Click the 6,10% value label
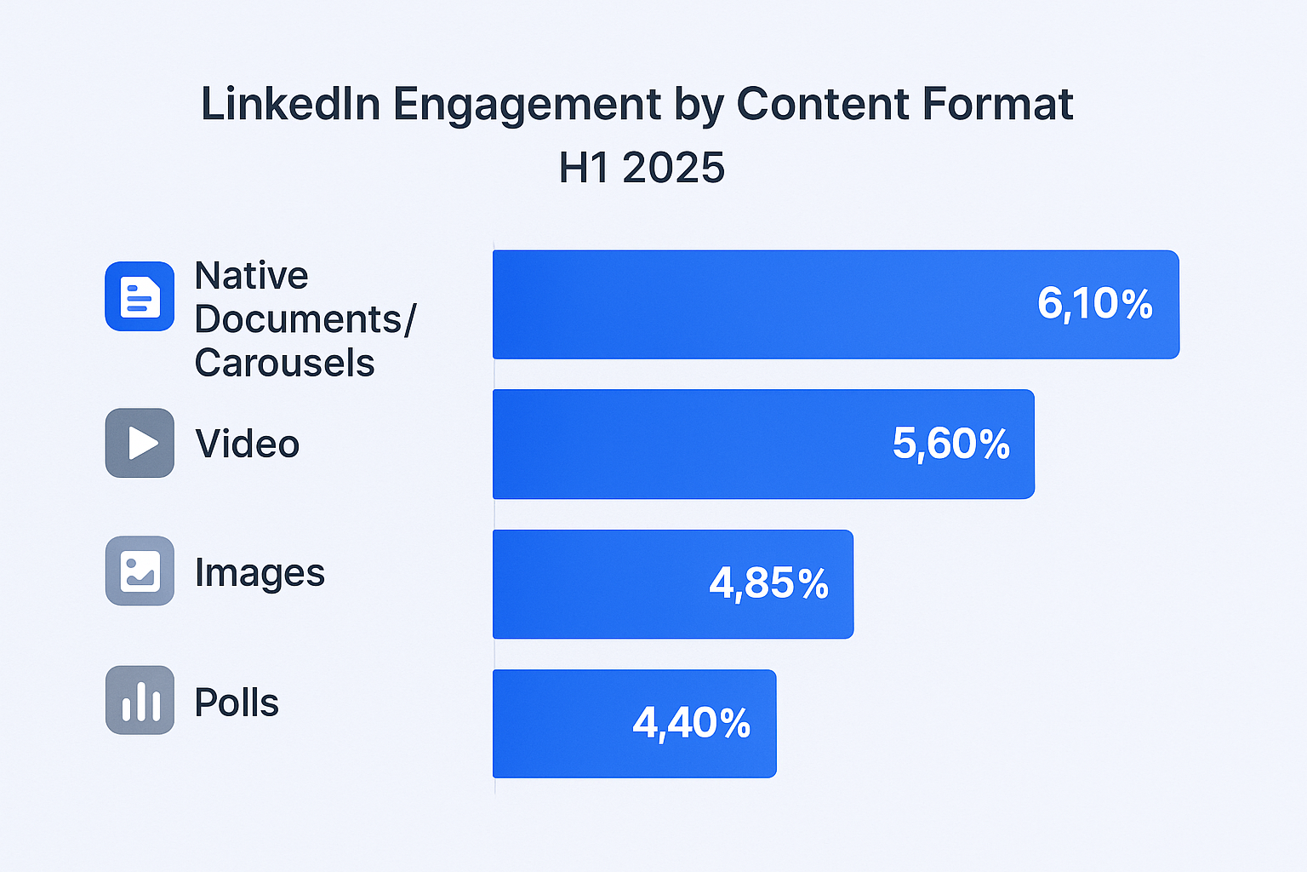click(1094, 304)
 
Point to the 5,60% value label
click(950, 444)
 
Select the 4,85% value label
click(768, 584)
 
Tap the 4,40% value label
click(691, 724)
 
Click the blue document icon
click(140, 296)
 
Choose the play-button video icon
click(140, 443)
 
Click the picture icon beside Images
click(140, 571)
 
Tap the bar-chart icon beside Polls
click(140, 700)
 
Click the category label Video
click(247, 445)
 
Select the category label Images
click(260, 573)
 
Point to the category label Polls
click(237, 703)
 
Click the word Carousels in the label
click(284, 364)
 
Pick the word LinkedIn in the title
click(290, 105)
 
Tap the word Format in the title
click(997, 105)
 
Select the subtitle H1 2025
click(642, 168)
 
